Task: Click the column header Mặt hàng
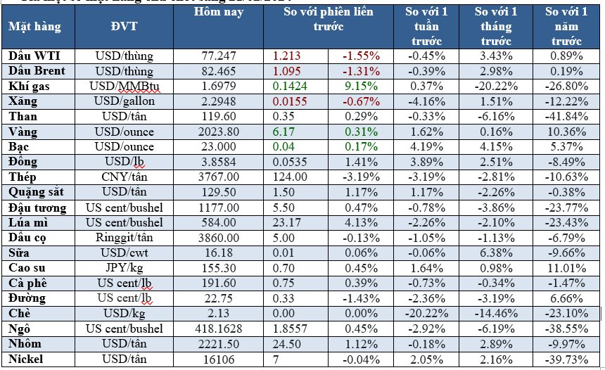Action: pos(35,27)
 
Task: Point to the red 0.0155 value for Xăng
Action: pos(289,101)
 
